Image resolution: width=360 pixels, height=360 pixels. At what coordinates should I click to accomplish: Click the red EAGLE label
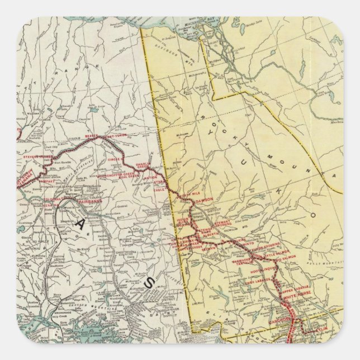tap(163, 190)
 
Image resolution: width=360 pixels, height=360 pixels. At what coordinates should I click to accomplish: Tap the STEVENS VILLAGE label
tap(38, 158)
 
